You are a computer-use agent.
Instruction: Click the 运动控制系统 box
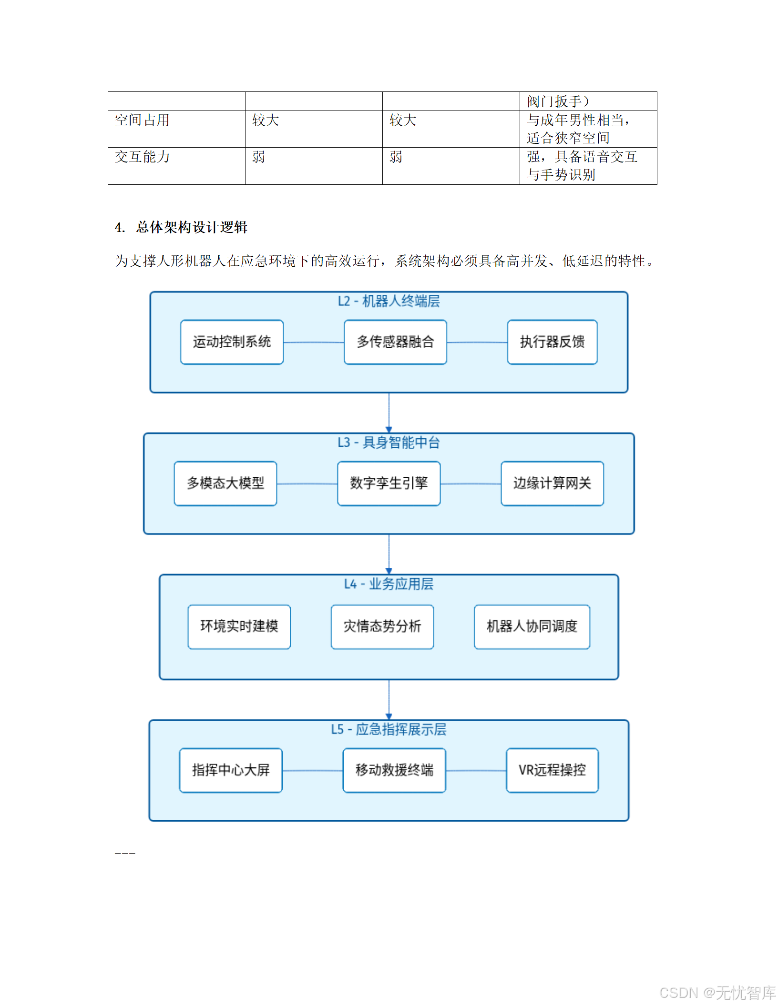coord(232,342)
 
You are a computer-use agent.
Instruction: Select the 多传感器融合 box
coord(395,342)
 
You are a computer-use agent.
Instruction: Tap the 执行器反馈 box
coord(552,342)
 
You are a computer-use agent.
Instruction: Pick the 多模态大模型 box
coord(225,483)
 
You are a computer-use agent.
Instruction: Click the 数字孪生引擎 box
coord(389,483)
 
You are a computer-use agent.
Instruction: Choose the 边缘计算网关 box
coord(552,483)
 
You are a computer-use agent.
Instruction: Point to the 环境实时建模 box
coord(239,626)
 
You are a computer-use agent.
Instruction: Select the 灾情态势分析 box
coord(382,626)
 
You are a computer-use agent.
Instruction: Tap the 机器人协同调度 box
coord(532,626)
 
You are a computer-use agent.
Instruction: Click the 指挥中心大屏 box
coord(231,770)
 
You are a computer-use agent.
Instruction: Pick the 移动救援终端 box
coord(394,770)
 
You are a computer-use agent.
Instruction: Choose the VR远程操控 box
coord(552,770)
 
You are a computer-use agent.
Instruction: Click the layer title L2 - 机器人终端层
coord(389,301)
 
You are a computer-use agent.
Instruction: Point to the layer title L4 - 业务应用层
coord(389,584)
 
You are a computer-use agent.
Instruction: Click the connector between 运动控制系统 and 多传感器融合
coord(313,342)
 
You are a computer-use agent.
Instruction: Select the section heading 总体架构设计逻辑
coord(191,227)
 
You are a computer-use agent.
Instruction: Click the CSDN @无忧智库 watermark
coord(717,993)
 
